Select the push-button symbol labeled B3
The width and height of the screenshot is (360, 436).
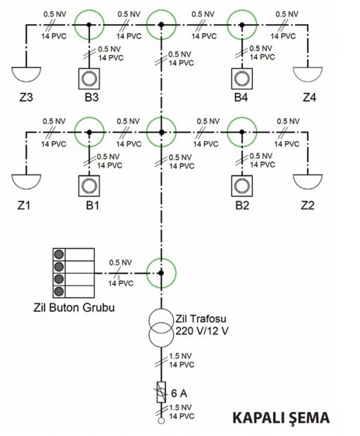point(89,78)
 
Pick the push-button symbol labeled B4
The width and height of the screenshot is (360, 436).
point(242,78)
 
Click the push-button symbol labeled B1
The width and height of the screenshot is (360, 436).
point(89,186)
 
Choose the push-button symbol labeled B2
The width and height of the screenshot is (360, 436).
point(242,186)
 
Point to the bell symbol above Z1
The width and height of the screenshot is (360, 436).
point(26,181)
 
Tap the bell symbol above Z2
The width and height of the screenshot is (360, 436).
point(308,181)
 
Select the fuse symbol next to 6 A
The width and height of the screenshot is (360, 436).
point(162,392)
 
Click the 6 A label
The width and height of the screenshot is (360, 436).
point(179,393)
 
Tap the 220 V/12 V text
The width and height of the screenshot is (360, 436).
point(202,331)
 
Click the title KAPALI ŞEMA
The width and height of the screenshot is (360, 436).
point(281,418)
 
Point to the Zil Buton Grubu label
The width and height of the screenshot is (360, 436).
point(74,307)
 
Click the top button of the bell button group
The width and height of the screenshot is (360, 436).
point(59,254)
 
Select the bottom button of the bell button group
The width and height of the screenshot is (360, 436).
point(59,291)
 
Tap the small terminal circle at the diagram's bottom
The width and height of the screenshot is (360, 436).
point(162,420)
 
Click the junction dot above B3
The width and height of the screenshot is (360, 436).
point(89,25)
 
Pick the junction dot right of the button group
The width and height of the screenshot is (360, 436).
point(162,273)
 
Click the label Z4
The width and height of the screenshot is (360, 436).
point(309,98)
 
